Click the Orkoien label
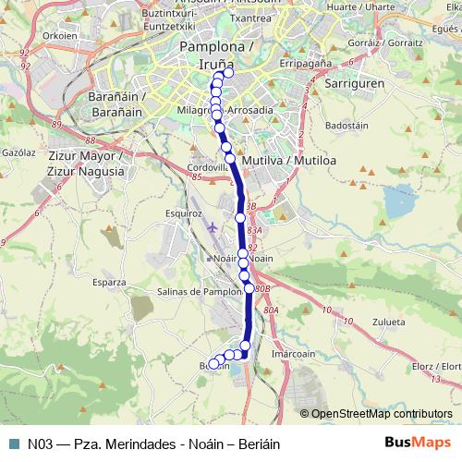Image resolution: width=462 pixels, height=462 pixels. (x=33, y=37)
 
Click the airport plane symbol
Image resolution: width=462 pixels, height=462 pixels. (x=213, y=226)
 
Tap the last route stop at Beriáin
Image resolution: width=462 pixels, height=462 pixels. (x=213, y=364)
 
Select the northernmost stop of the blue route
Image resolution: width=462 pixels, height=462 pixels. (x=228, y=74)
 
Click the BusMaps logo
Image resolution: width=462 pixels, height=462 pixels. (x=419, y=443)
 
